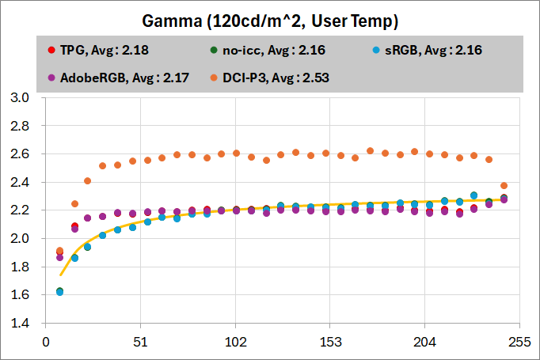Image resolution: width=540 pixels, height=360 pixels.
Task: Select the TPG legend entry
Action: [104, 50]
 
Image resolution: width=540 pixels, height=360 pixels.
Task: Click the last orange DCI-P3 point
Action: [504, 186]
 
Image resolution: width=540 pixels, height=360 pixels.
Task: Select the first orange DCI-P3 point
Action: [59, 251]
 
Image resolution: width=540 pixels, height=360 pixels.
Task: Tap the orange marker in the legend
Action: [215, 78]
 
